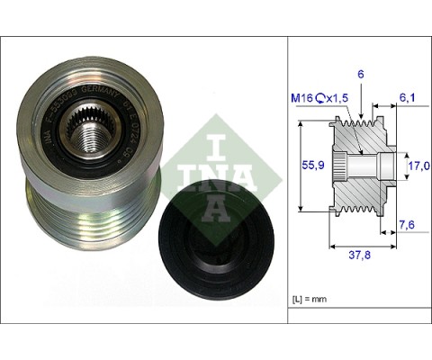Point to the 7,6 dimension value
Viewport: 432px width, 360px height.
click(408, 226)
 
